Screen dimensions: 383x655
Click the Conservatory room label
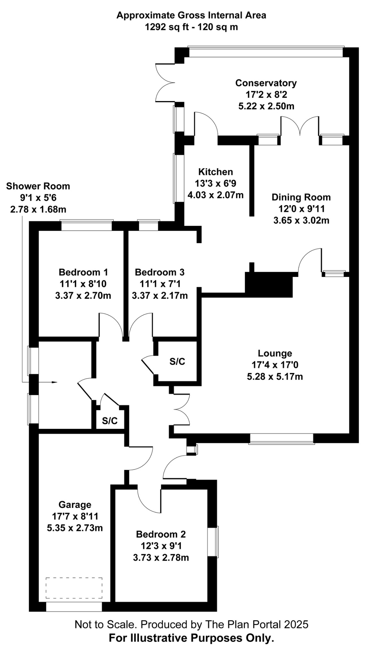pyautogui.click(x=266, y=83)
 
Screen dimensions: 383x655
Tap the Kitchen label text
pyautogui.click(x=216, y=172)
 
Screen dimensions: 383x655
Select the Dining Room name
pyautogui.click(x=301, y=197)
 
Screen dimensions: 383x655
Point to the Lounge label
pyautogui.click(x=275, y=353)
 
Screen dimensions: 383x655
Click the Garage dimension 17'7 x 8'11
pyautogui.click(x=75, y=516)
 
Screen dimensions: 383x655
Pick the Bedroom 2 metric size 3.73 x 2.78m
pyautogui.click(x=161, y=557)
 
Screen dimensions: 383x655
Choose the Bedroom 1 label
pyautogui.click(x=83, y=272)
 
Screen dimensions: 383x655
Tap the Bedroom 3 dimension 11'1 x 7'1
pyautogui.click(x=159, y=284)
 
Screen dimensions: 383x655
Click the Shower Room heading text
pyautogui.click(x=38, y=186)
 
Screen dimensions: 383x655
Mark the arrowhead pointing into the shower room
pyautogui.click(x=54, y=382)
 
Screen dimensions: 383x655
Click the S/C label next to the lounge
pyautogui.click(x=177, y=361)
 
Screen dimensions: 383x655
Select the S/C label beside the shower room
pyautogui.click(x=110, y=421)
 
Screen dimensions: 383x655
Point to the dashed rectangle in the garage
pyautogui.click(x=74, y=588)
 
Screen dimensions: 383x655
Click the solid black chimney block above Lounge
pyautogui.click(x=269, y=284)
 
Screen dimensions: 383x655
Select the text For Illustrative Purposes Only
pyautogui.click(x=191, y=638)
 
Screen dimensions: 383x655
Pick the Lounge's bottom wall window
pyautogui.click(x=281, y=438)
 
